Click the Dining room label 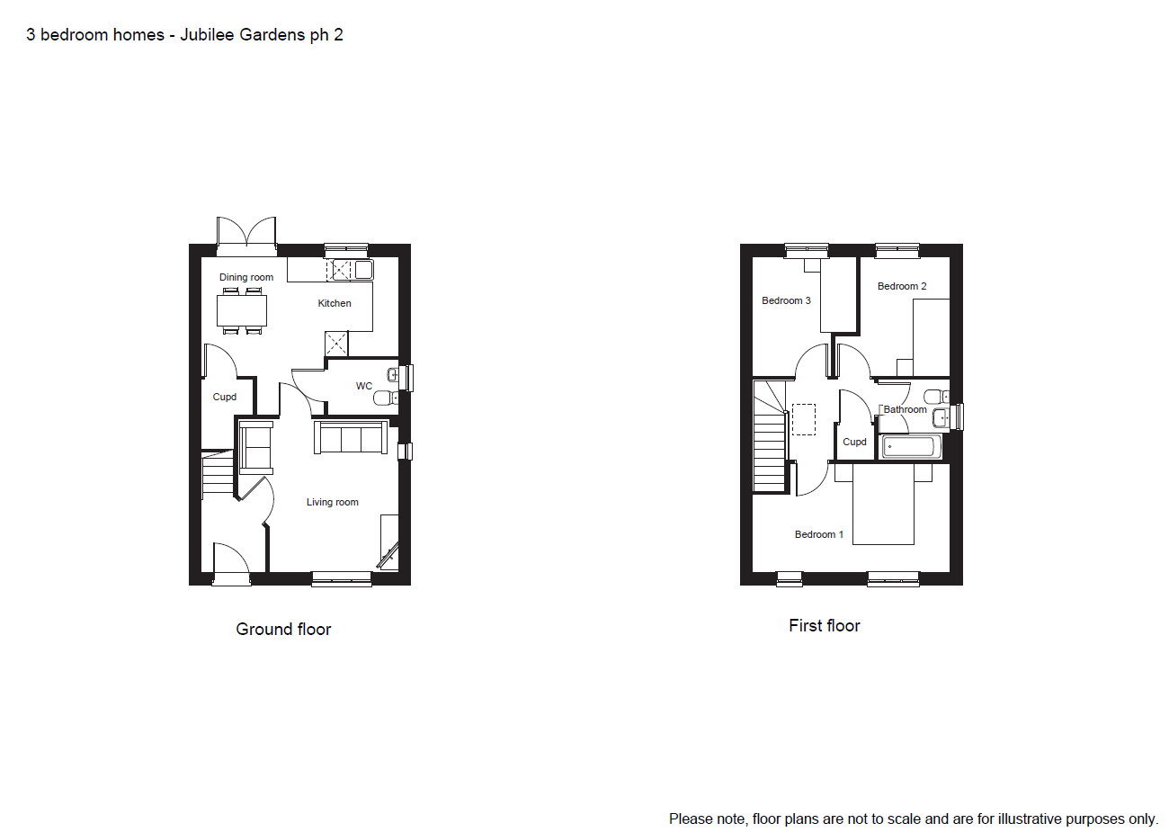point(245,277)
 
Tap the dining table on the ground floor point(242,310)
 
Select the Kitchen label point(335,303)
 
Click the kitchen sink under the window point(364,270)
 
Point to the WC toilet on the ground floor point(386,398)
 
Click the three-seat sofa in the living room point(351,437)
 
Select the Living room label point(333,502)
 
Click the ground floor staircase point(218,472)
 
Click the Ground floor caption point(283,630)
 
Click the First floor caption point(824,626)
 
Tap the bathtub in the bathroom point(911,447)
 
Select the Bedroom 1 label point(819,534)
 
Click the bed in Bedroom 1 point(883,505)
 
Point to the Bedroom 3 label point(786,300)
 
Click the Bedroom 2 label point(902,286)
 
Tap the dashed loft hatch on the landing point(804,420)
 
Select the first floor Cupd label point(854,443)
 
